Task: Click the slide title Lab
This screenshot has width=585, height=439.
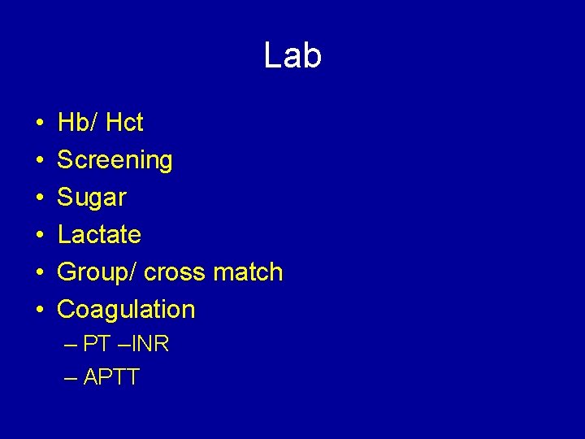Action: click(292, 56)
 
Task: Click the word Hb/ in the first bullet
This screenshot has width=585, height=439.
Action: click(77, 123)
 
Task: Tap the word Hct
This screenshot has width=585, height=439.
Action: click(124, 123)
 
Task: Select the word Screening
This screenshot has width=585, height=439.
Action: click(115, 160)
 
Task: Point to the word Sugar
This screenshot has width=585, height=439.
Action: click(92, 198)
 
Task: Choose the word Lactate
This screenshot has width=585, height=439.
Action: click(99, 235)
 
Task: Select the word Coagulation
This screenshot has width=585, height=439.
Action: click(126, 310)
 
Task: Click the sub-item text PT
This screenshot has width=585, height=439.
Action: click(97, 344)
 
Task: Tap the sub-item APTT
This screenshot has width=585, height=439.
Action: click(111, 377)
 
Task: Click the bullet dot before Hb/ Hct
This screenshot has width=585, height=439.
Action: click(40, 124)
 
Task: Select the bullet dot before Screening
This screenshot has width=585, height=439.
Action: click(40, 161)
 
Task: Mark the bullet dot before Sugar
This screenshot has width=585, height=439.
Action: click(40, 198)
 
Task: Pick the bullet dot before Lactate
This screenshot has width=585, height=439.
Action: click(40, 236)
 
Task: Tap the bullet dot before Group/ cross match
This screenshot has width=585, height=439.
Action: click(40, 273)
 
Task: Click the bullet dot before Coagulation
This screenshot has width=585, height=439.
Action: click(40, 311)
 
